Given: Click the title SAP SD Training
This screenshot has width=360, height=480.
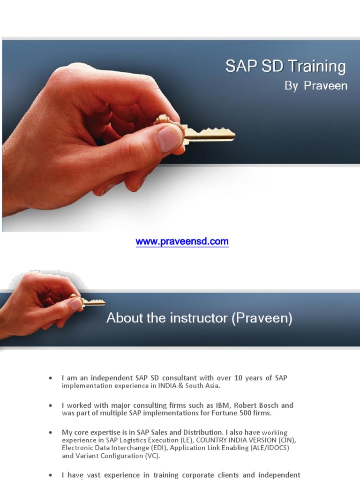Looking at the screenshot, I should click(x=285, y=66).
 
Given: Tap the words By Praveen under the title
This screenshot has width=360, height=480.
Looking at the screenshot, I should click(x=315, y=86).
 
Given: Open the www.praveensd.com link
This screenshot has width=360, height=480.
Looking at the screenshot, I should click(x=182, y=242).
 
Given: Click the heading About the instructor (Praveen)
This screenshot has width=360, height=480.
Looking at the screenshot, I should click(x=199, y=318).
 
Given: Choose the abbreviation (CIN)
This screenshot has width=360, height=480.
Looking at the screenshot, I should click(x=286, y=440).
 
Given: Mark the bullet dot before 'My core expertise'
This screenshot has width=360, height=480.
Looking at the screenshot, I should click(x=51, y=433).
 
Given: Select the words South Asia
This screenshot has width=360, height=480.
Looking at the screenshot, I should click(x=204, y=386).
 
